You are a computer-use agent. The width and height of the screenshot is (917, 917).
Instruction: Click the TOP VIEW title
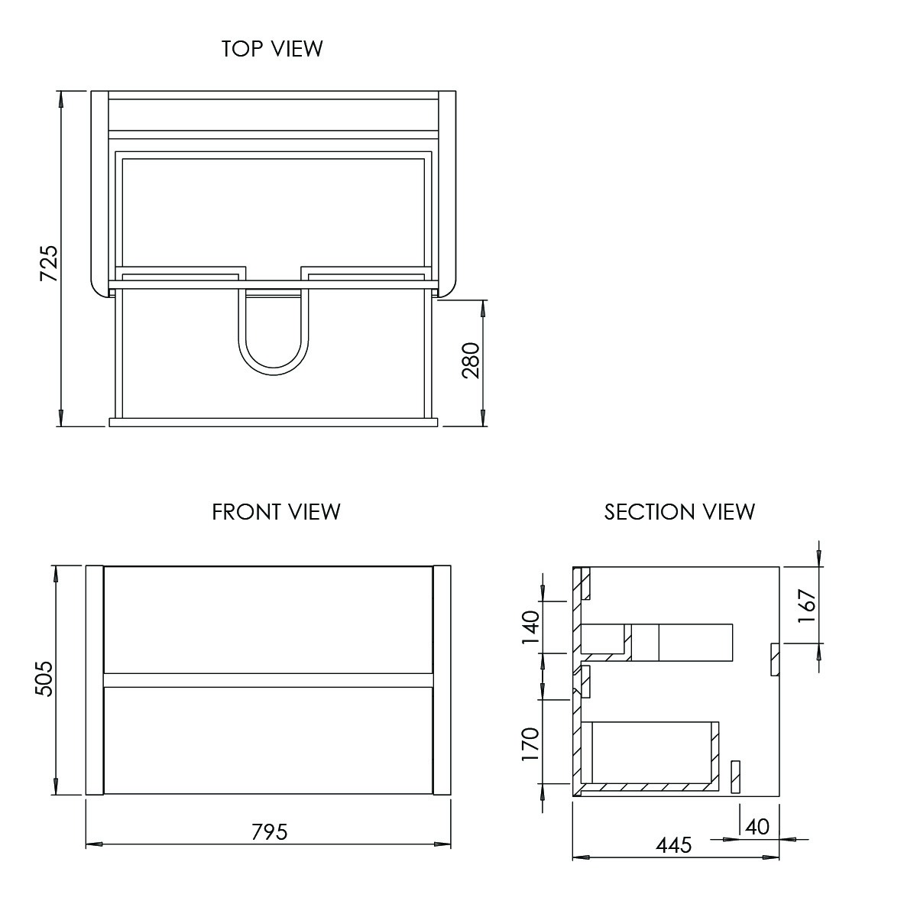click(272, 49)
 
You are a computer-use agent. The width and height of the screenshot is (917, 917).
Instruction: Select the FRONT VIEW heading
click(276, 511)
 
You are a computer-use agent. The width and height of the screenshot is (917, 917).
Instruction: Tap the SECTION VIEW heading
click(679, 511)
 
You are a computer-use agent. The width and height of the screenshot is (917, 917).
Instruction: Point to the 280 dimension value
click(470, 361)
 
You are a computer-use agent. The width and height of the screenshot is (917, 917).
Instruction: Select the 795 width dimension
click(270, 831)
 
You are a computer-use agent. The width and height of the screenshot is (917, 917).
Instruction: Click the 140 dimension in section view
click(530, 627)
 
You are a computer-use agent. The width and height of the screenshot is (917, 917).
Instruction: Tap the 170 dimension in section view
click(530, 744)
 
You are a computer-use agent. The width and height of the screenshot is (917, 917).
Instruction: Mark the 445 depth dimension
click(673, 844)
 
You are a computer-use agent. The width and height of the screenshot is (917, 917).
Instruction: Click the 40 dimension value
click(757, 827)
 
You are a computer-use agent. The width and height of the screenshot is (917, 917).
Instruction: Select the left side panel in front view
click(94, 680)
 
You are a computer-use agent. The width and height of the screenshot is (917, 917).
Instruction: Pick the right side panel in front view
click(442, 680)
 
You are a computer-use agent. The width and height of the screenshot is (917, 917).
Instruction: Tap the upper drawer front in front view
click(268, 620)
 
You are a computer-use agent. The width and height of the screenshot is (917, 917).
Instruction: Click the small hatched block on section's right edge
click(774, 659)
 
